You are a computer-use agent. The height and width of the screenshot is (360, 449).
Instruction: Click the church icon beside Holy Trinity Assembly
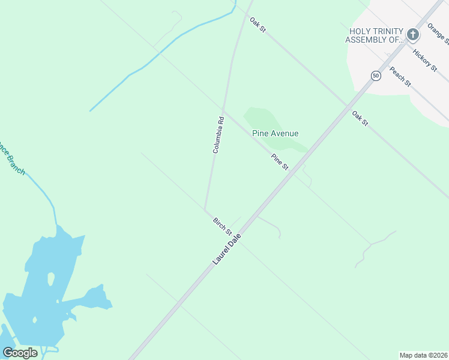[x=412, y=35]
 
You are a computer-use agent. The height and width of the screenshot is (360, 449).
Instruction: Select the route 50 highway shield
[x=376, y=76]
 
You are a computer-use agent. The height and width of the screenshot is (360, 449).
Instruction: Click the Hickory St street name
[x=425, y=61]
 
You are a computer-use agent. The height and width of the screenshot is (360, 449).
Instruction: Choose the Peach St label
[x=400, y=76]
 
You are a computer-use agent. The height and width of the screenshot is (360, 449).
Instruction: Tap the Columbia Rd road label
[x=218, y=135]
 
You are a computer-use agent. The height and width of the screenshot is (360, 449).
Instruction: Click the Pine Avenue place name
[x=276, y=133]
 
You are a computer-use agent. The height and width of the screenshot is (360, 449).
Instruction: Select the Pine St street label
[x=280, y=162]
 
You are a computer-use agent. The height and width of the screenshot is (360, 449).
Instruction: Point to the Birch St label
[x=222, y=226]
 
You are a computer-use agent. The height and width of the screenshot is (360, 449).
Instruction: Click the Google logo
[x=20, y=352]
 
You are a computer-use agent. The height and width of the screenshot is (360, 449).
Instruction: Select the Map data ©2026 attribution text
[x=423, y=355]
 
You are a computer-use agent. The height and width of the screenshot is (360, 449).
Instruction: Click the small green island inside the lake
[x=50, y=280]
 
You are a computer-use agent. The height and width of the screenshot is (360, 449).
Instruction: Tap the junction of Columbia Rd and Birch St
[x=205, y=210]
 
